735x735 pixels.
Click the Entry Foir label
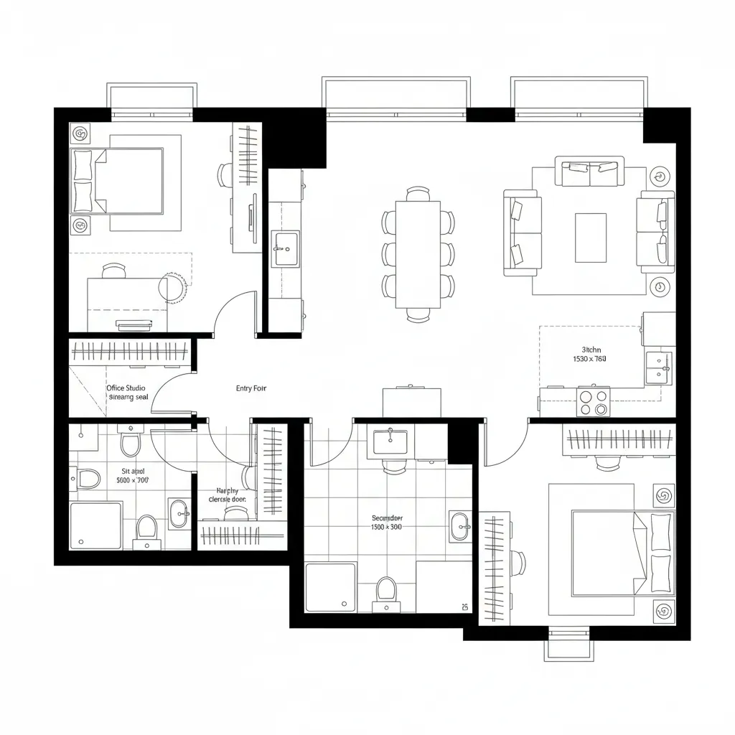(251, 388)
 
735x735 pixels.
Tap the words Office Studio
(126, 388)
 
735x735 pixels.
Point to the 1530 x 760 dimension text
(589, 358)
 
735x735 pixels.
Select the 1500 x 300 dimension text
(386, 527)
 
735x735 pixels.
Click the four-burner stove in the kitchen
(593, 402)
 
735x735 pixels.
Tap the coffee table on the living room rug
(590, 238)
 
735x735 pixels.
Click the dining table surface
(418, 253)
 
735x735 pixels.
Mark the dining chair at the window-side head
(418, 194)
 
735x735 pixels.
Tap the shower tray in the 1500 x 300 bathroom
(330, 587)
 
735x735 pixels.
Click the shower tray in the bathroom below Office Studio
(95, 525)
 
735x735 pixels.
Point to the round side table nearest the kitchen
(658, 287)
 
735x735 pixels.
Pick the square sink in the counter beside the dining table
(286, 248)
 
